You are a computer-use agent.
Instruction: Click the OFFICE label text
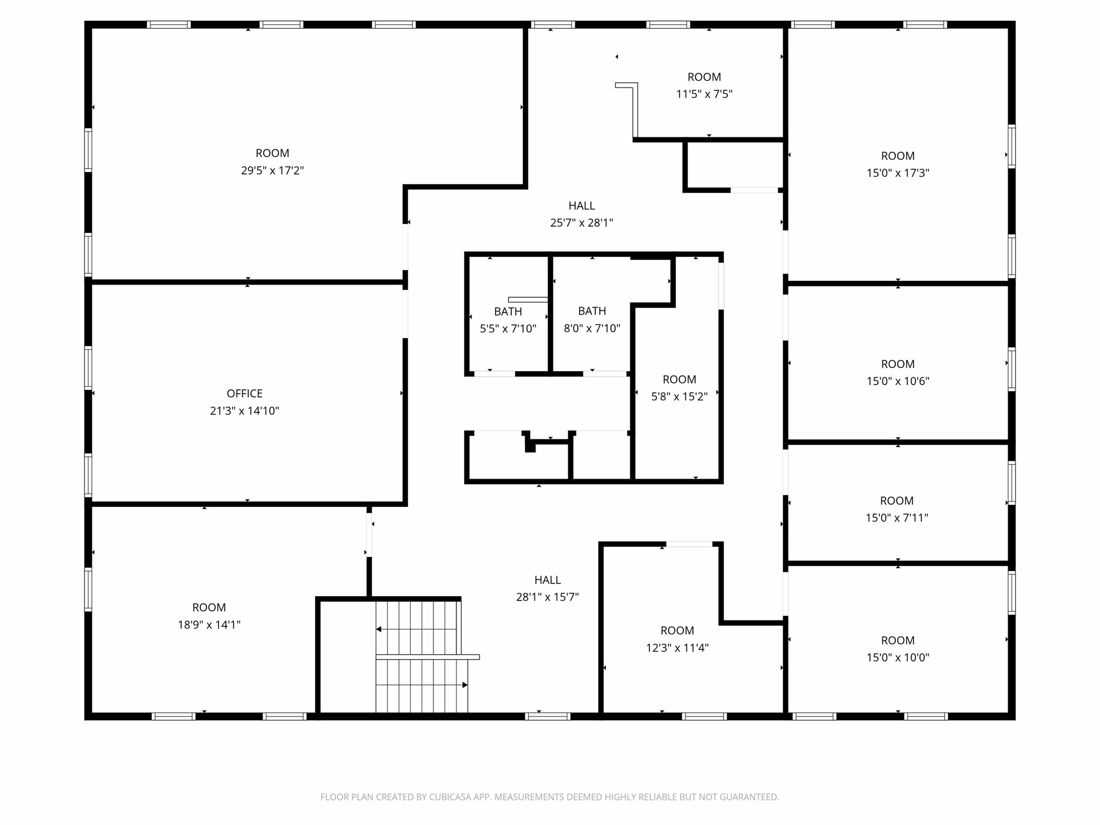[244, 394]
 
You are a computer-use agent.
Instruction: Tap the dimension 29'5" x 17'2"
[272, 171]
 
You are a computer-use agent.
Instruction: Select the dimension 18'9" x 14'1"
[209, 625]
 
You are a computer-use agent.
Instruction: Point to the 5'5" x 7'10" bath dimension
[508, 329]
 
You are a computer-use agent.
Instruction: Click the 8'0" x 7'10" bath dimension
[592, 328]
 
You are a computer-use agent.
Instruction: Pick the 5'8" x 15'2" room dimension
[679, 397]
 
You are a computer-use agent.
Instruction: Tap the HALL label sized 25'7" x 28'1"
[581, 206]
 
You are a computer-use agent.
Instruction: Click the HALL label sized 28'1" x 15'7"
[547, 580]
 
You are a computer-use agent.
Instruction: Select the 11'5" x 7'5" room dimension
[704, 95]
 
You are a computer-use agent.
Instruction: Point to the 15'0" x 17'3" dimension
[898, 173]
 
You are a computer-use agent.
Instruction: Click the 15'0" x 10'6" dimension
[898, 381]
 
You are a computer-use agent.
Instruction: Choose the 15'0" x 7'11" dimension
[896, 518]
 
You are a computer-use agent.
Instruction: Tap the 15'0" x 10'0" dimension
[898, 657]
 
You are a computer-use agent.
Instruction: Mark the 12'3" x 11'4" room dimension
[677, 648]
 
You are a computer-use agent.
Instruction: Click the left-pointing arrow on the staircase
[379, 629]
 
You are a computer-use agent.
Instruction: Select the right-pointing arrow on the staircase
[465, 685]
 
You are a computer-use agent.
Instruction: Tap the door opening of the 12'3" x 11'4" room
[689, 544]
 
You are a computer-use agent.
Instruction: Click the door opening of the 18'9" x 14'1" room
[369, 535]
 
